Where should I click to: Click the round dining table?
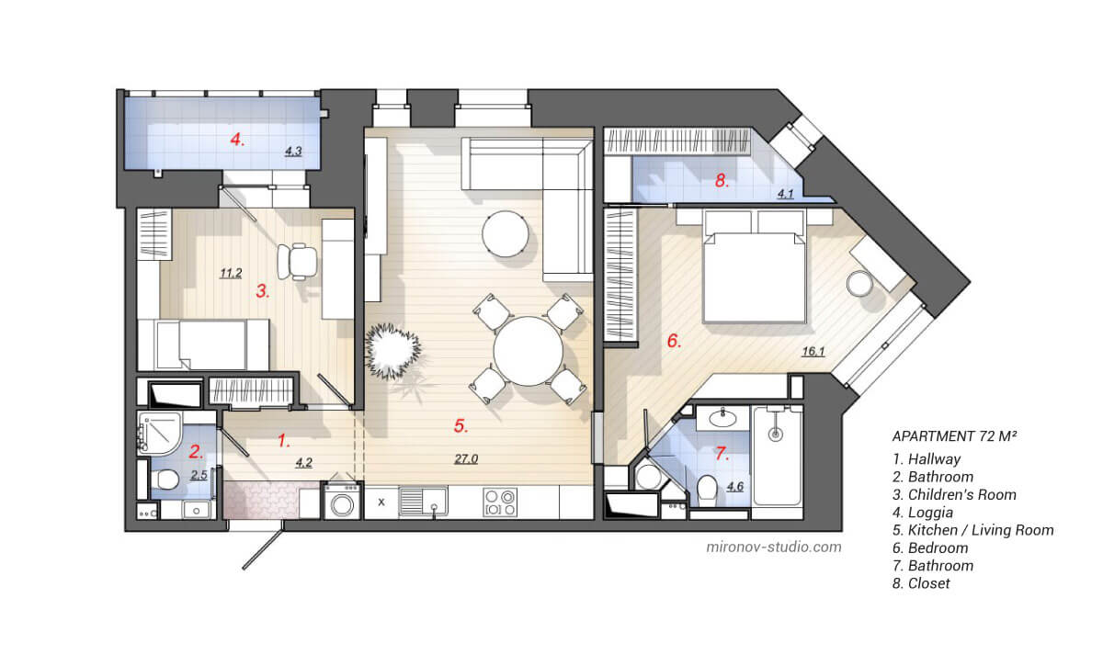(528, 351)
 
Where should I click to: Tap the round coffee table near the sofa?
(505, 233)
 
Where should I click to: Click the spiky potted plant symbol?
(393, 352)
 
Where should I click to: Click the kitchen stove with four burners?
(501, 502)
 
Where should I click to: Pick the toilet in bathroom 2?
(166, 480)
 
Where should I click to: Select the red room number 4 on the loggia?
(237, 140)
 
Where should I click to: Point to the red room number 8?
(722, 181)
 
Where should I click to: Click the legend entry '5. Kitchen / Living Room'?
(972, 530)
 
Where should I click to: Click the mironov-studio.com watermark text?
(773, 547)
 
